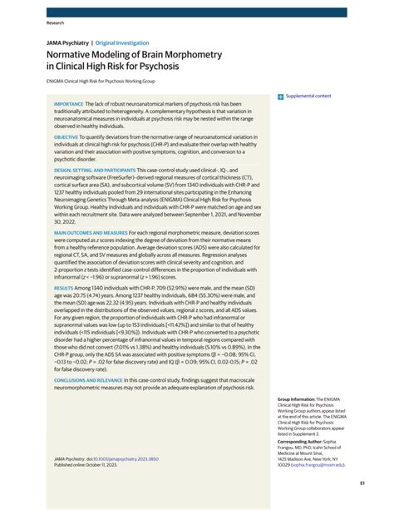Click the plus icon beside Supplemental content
(x=281, y=97)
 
